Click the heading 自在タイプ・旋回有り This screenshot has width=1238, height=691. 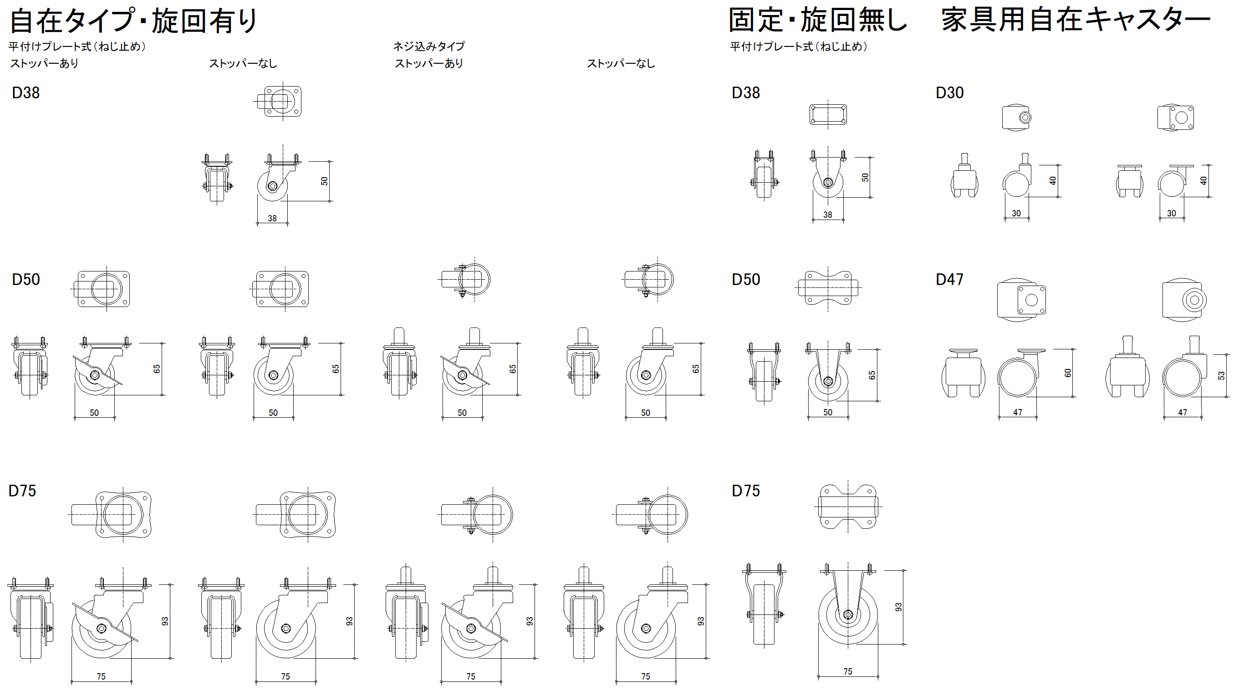tap(133, 20)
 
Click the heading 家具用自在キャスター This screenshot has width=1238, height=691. tap(1075, 20)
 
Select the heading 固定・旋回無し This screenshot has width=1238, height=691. tap(817, 20)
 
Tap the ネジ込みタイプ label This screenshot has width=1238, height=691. tap(429, 46)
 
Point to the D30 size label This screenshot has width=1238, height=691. tap(949, 92)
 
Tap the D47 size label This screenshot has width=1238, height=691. tap(949, 279)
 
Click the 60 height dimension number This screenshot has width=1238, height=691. tap(1068, 373)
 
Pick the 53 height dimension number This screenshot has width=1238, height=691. tap(1221, 375)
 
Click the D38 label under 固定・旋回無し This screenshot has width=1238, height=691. tap(745, 92)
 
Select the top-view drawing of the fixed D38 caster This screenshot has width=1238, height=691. tap(828, 115)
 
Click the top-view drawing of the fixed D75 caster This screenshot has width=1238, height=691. tap(848, 507)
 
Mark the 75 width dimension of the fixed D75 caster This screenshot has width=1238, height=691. tap(848, 671)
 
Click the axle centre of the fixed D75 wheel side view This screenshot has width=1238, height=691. tap(848, 614)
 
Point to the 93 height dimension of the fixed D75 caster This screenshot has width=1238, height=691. tap(898, 607)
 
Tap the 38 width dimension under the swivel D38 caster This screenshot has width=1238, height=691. tap(272, 218)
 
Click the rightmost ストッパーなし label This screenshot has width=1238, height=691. tap(621, 63)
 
